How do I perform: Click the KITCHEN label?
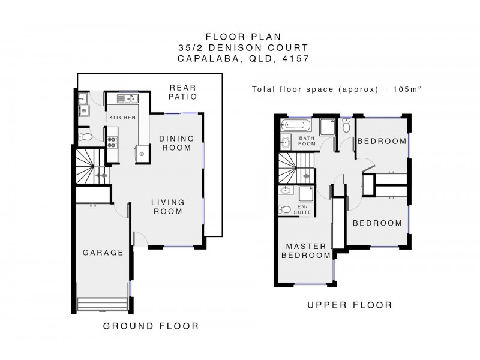[x=122, y=118]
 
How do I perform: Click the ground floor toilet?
[x=87, y=137]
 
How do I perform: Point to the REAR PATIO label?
[x=183, y=91]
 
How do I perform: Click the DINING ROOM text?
[x=176, y=143]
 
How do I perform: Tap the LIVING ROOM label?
[x=167, y=206]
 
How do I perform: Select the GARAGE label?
[x=103, y=253]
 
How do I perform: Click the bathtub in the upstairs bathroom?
[x=296, y=127]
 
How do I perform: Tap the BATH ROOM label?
[x=307, y=141]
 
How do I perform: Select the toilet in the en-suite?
[x=285, y=210]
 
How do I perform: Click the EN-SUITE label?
[x=305, y=209]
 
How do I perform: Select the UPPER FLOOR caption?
[x=350, y=305]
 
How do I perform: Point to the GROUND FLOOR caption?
[x=151, y=326]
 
